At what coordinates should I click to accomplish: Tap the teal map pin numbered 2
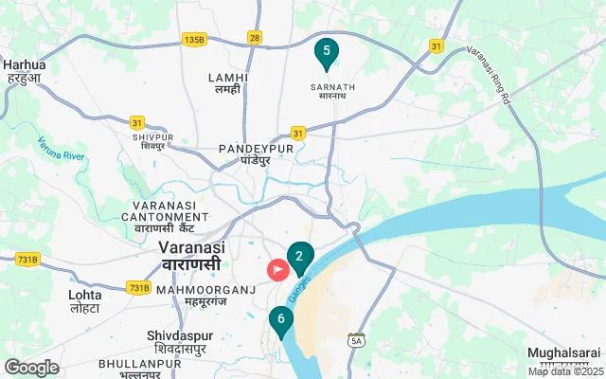(299, 257)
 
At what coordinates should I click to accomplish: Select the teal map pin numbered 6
(280, 320)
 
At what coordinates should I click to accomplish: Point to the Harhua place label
(25, 71)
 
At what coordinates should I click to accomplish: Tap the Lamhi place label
(228, 83)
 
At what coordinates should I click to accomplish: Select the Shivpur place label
(153, 141)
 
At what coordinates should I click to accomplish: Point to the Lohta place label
(85, 301)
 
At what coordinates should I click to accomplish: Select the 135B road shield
(194, 39)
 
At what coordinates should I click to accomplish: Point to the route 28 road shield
(254, 37)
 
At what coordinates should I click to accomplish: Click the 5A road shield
(356, 340)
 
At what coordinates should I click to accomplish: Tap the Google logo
(31, 368)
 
